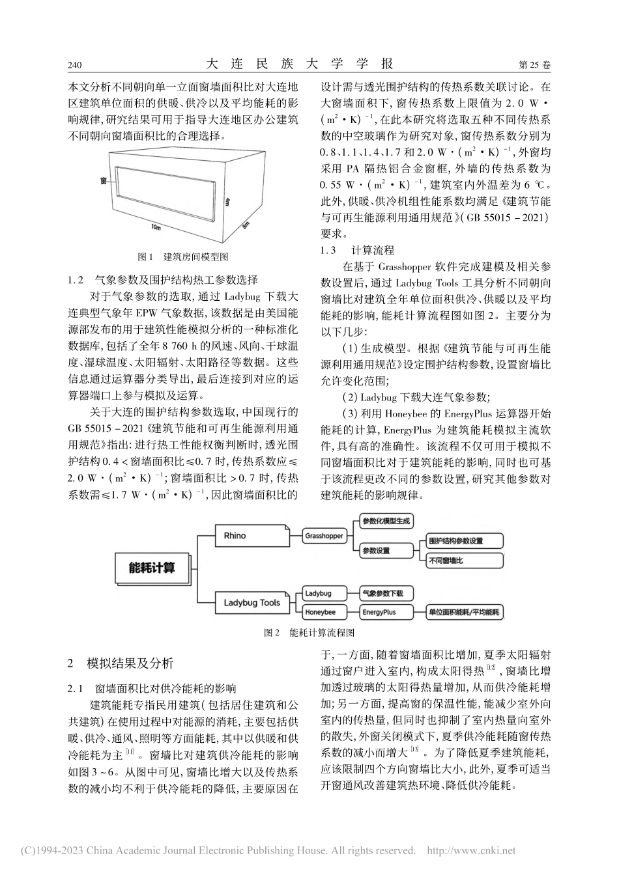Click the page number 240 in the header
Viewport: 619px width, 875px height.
pos(74,66)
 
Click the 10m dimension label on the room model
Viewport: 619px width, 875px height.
pos(155,228)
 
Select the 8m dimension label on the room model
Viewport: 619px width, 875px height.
pos(246,225)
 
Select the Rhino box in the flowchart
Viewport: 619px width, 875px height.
pos(235,535)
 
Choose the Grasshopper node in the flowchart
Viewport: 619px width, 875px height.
pos(324,536)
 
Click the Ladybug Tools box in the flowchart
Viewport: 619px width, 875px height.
pos(252,602)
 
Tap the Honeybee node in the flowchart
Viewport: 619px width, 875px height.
pos(321,612)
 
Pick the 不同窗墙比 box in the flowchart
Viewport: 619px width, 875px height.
pos(446,561)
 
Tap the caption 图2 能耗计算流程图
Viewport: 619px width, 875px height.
pos(308,632)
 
